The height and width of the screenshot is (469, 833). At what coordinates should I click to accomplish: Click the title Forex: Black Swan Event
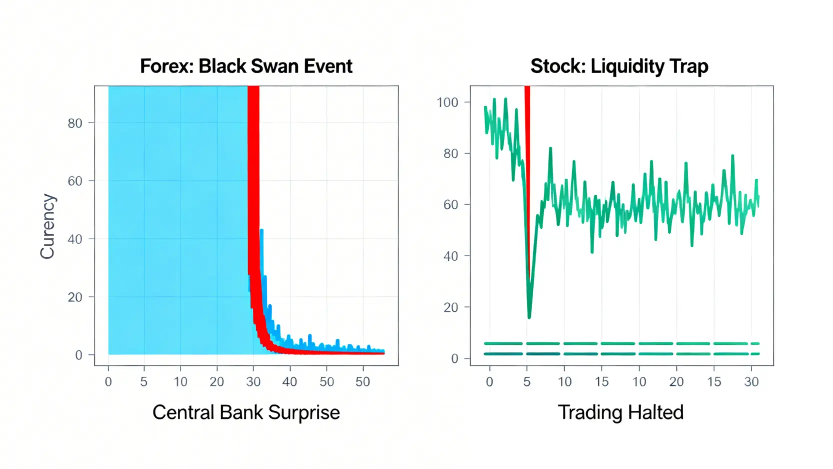(x=246, y=66)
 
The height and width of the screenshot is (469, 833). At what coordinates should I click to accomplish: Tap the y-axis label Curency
(x=47, y=226)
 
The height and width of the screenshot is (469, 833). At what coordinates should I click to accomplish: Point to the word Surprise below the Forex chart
(x=304, y=412)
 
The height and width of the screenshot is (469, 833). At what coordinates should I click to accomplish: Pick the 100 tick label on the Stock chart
(x=447, y=103)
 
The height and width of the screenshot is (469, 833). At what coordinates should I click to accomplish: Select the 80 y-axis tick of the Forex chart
(x=75, y=123)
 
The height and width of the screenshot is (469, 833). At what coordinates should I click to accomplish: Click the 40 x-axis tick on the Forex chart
(x=289, y=382)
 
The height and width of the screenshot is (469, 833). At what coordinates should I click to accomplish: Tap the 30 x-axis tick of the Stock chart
(x=751, y=382)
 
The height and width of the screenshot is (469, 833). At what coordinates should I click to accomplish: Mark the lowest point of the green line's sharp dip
(x=529, y=316)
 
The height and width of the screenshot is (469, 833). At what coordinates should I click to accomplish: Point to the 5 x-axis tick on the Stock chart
(x=526, y=382)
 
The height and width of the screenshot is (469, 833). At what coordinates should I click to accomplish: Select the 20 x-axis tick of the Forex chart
(x=216, y=382)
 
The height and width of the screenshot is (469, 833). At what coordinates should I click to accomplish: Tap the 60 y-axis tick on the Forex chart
(x=75, y=181)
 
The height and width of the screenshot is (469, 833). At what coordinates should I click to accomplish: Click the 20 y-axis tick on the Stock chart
(x=450, y=308)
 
